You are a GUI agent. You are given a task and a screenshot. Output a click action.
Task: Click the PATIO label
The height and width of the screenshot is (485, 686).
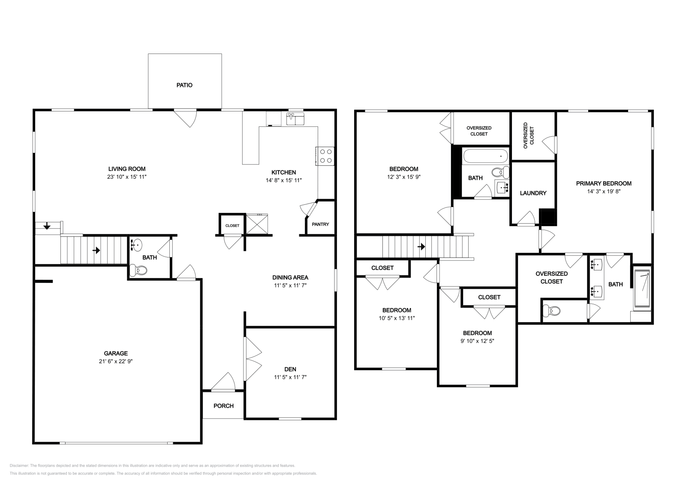184,85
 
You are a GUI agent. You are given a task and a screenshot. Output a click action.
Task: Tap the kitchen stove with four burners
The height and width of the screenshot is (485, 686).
325,156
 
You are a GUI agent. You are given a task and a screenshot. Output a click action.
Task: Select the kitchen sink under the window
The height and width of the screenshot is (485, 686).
295,119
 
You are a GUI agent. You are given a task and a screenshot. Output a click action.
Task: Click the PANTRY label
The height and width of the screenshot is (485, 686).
320,224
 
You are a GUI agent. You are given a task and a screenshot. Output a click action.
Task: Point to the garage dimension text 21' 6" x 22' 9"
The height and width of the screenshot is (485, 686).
116,361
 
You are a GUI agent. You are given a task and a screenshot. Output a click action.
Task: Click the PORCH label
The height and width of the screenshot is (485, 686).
223,406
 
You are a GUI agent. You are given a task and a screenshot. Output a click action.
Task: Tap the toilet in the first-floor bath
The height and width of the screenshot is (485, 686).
138,270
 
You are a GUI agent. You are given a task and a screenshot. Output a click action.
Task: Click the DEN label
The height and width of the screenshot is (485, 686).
290,369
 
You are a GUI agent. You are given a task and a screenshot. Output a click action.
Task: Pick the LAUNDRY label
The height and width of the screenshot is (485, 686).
533,193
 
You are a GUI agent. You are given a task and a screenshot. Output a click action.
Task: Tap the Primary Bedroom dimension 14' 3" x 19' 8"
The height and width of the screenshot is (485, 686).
604,192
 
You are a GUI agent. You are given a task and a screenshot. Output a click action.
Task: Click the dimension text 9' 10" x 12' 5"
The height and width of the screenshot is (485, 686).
477,341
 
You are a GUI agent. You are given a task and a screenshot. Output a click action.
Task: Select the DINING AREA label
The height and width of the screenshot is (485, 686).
290,277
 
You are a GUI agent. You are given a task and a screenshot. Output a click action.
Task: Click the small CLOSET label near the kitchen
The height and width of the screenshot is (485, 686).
232,225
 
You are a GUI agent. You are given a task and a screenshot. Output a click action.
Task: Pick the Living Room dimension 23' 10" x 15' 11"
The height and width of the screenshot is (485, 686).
127,177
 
